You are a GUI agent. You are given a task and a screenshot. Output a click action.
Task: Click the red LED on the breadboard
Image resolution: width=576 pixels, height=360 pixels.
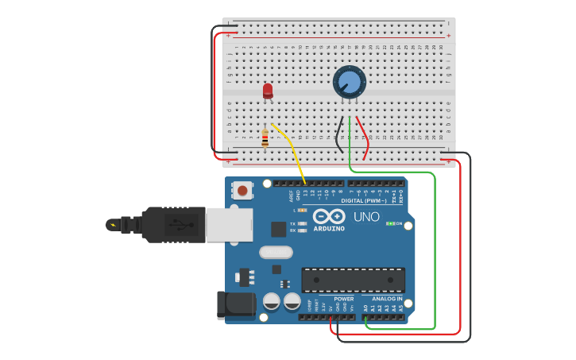[268, 91]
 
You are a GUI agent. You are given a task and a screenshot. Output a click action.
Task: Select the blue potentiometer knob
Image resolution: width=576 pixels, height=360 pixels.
[349, 82]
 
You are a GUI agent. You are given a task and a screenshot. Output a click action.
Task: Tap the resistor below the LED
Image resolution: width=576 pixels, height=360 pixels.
[265, 138]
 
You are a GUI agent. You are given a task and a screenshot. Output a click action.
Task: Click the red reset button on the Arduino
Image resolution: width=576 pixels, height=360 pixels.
[242, 190]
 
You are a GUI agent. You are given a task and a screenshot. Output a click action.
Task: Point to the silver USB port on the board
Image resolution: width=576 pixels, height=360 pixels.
[229, 225]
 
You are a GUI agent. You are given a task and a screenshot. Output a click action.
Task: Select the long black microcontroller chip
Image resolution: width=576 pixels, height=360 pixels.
[353, 280]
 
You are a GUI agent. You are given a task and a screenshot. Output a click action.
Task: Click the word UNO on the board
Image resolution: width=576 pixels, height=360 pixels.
[366, 217]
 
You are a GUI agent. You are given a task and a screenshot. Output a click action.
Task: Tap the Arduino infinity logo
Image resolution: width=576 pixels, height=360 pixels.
[328, 216]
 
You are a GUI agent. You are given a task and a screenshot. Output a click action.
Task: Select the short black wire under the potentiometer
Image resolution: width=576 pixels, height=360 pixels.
[339, 135]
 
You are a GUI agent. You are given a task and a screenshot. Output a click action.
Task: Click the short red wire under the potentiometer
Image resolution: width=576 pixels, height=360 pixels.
[362, 137]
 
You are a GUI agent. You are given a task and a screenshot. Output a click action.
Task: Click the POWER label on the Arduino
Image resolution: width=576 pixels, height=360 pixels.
[343, 299]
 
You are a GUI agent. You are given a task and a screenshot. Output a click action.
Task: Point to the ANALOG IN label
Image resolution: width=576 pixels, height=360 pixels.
[388, 299]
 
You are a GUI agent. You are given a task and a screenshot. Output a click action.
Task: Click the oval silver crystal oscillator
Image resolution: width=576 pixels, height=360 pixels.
[276, 253]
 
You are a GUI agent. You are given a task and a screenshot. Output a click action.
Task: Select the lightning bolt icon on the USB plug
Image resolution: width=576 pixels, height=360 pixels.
[114, 225]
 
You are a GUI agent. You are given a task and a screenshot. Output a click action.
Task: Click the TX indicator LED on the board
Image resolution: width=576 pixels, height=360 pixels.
[302, 223]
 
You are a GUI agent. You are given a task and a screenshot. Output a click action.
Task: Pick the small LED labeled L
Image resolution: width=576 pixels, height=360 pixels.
[302, 210]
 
